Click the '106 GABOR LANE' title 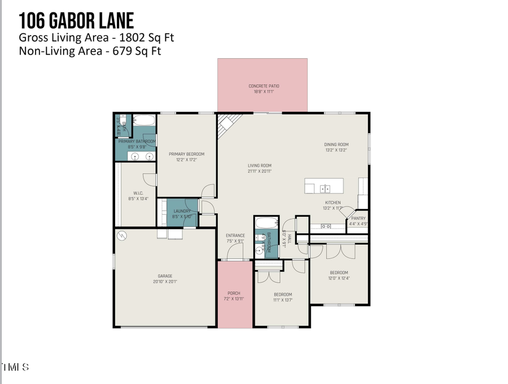point(76,21)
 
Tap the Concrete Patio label point(264,86)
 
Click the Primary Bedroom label point(187,154)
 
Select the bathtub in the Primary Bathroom point(145,120)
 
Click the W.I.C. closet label point(137,193)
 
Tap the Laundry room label point(182,211)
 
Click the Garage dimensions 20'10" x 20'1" point(165,282)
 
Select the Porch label point(234,293)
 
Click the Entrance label point(235,235)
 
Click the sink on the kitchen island point(324,187)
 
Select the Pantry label point(358,218)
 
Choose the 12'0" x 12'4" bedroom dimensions point(339,278)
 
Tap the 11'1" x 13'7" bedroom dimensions point(283,299)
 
